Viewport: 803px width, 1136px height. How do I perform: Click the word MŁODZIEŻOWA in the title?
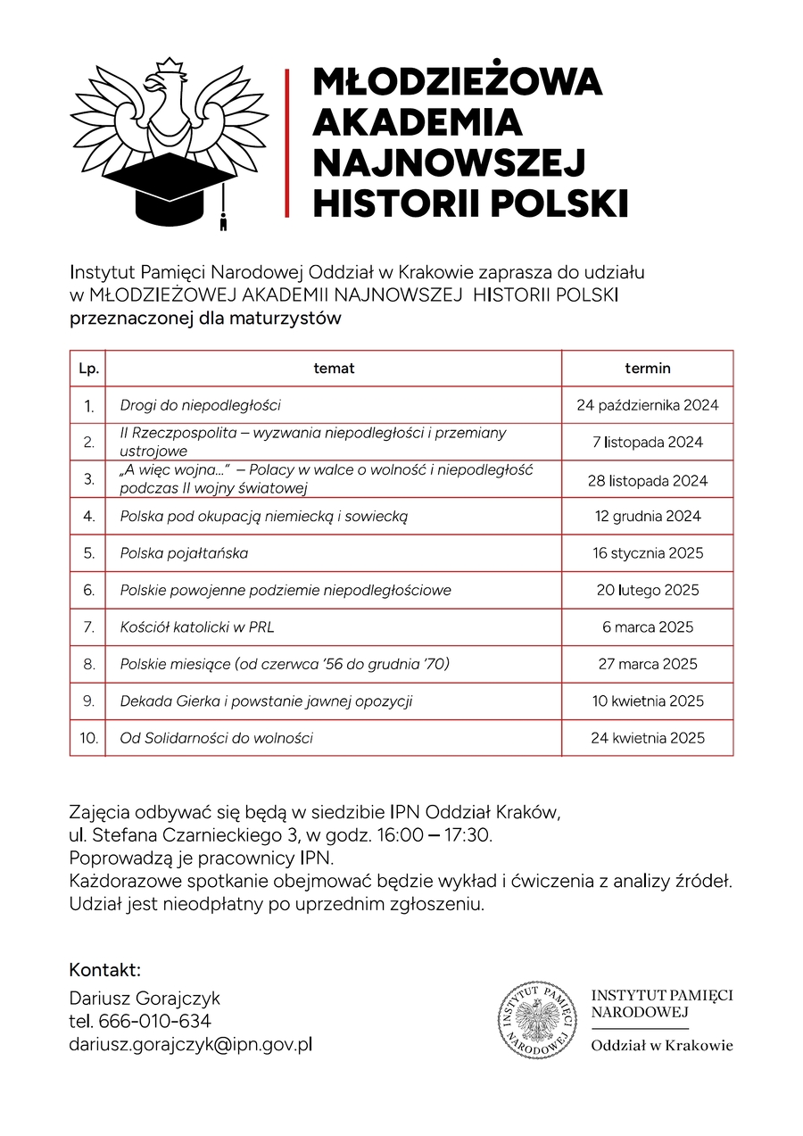[458, 82]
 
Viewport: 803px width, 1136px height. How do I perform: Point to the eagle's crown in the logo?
[170, 66]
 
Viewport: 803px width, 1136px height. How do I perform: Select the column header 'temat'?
[334, 368]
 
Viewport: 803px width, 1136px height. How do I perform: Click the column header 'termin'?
[647, 368]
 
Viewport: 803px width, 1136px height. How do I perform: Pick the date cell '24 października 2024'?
[647, 405]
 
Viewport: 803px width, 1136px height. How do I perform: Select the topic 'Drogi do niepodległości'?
[201, 405]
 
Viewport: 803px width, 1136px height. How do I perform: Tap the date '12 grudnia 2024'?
[647, 516]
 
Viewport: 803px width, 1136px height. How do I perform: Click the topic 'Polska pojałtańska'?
[184, 553]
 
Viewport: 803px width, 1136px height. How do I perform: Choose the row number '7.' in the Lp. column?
[88, 627]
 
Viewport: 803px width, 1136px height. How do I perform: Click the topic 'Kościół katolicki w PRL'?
[197, 627]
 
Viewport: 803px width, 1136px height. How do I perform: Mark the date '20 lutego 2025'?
[647, 590]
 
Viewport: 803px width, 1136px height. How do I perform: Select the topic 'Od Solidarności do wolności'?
[217, 738]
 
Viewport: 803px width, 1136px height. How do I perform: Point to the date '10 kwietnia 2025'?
[647, 701]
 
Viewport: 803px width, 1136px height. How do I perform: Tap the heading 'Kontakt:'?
[105, 970]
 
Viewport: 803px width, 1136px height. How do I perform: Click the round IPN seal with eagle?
[537, 1019]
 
